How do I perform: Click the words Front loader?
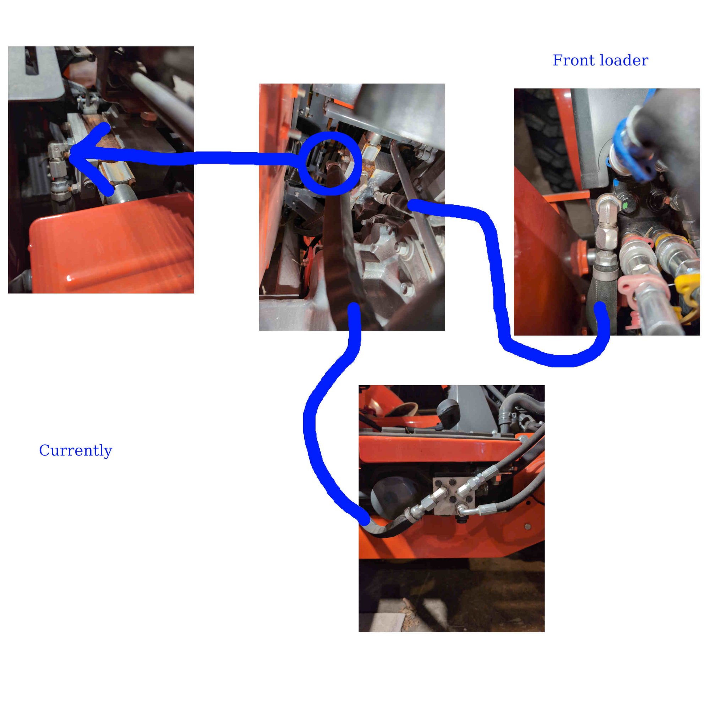click(600, 61)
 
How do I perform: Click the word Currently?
click(76, 450)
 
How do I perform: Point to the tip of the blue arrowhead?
click(70, 155)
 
